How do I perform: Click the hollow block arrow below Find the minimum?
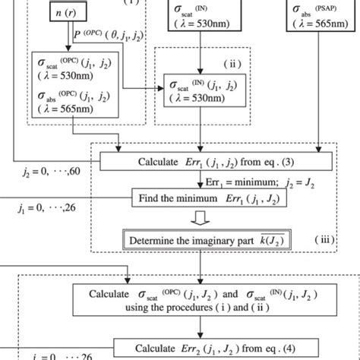[201, 221]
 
